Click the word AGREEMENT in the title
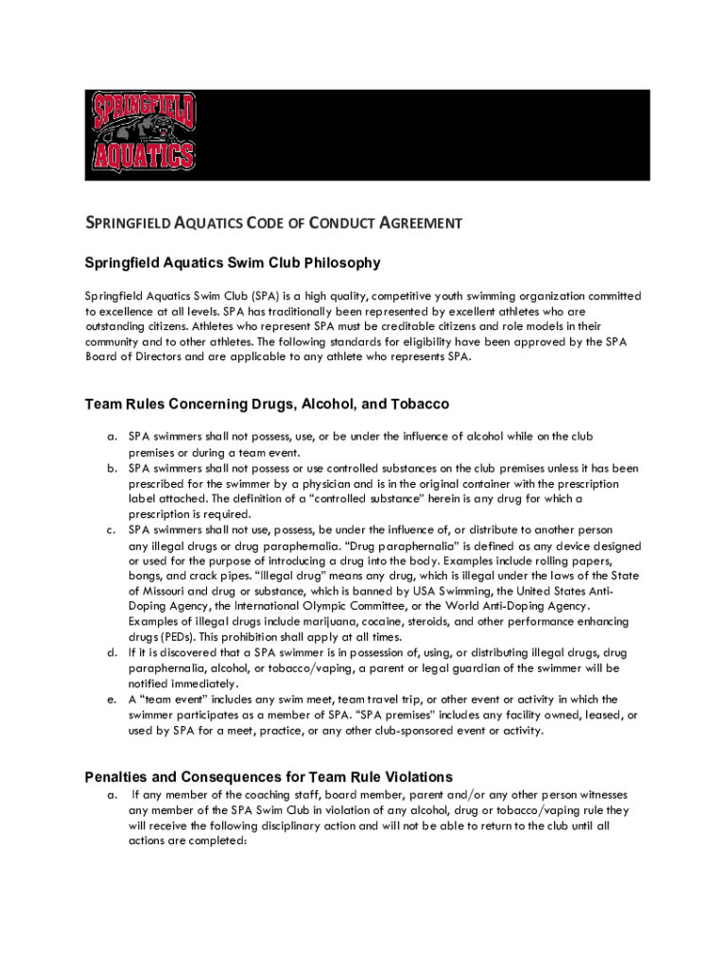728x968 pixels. pos(419,224)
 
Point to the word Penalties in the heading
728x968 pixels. pos(120,777)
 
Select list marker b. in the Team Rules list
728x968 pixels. pos(111,468)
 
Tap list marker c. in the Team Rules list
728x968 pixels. pos(111,530)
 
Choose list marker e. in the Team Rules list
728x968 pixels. pos(111,700)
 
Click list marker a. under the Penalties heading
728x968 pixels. pos(111,795)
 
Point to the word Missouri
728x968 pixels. pos(166,592)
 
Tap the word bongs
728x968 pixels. pos(147,576)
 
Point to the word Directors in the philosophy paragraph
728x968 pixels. pos(158,357)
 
